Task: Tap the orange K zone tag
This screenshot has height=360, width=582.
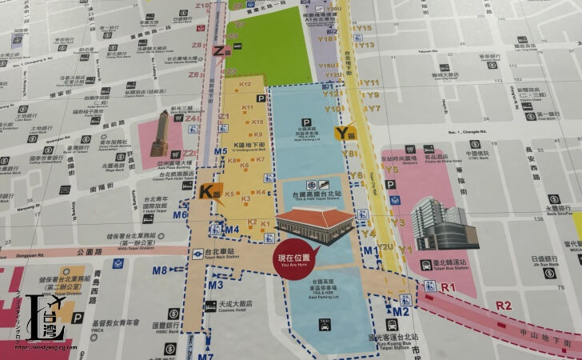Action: point(208,191)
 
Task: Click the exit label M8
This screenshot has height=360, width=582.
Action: point(160,270)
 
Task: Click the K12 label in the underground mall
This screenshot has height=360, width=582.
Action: point(245,84)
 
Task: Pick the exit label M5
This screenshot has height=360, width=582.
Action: point(221,152)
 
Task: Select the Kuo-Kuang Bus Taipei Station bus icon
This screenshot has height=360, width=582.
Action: point(392,325)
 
